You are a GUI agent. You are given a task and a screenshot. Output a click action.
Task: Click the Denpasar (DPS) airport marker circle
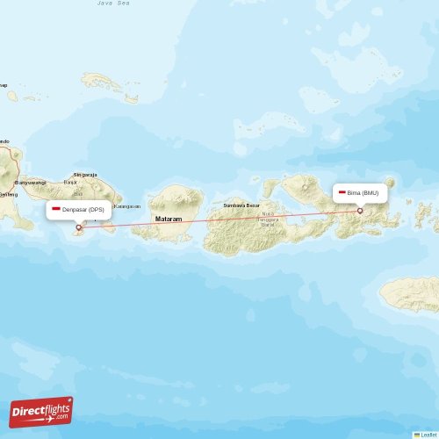point(80,228)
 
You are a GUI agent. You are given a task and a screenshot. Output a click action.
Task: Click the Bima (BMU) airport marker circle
point(359,211)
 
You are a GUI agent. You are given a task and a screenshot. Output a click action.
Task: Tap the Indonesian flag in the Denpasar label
point(57,210)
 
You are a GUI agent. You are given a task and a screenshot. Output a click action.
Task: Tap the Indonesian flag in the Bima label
point(341,192)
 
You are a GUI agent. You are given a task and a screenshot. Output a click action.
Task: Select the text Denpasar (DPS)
point(84,210)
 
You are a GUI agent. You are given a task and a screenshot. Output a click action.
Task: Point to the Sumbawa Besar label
point(241,205)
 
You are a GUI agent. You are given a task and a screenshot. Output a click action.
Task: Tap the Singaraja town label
point(86,175)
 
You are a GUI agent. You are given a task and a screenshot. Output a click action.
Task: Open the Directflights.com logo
point(41,411)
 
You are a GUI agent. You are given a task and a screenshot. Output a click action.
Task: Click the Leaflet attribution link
point(428,434)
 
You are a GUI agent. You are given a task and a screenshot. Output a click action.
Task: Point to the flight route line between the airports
point(219,219)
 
